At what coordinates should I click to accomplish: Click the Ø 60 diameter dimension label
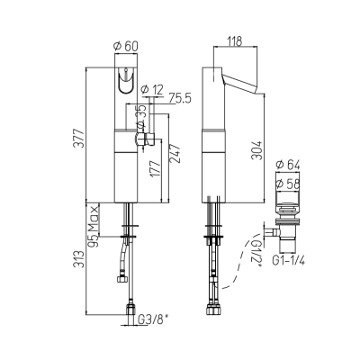click(126, 46)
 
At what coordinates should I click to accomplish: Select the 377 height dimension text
click(79, 139)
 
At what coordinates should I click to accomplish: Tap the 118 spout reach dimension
click(235, 41)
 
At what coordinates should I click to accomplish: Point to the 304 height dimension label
click(258, 150)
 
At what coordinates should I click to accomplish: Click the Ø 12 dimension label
click(152, 89)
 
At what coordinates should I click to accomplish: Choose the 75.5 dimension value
click(180, 98)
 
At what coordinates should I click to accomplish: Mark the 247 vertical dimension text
click(175, 154)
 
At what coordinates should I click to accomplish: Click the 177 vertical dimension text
click(156, 169)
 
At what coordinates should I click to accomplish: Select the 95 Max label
click(94, 226)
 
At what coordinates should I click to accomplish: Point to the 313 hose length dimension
click(79, 260)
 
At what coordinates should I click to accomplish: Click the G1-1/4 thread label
click(288, 261)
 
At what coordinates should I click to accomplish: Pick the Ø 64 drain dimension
click(288, 165)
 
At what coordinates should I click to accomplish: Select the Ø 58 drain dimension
click(288, 184)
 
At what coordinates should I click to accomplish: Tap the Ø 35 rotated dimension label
click(140, 116)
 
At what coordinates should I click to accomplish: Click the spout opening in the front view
click(126, 80)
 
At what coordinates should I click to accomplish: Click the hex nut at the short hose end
click(122, 279)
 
